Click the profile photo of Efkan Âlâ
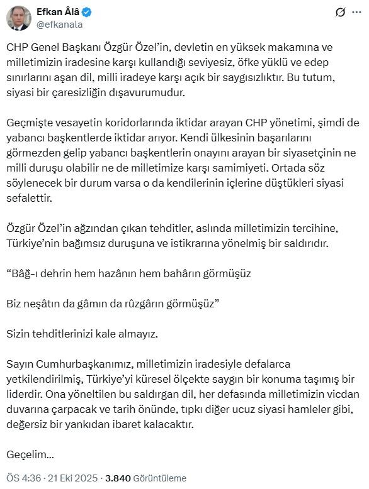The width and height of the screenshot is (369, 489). pos(19,18)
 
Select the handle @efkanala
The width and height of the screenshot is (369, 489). pos(60,25)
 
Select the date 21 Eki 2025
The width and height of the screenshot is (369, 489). pos(73,478)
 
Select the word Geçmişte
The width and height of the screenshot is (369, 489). pos(30,123)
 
